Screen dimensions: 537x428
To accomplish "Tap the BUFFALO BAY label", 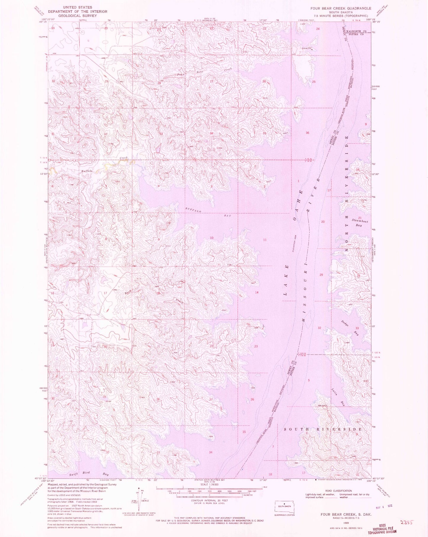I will coord(208,213).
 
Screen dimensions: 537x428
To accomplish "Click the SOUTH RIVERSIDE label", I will coord(323,429).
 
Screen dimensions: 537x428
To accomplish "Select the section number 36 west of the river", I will coord(307,133).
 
